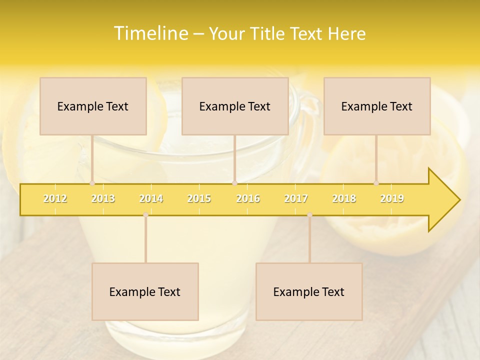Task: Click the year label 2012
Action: click(55, 198)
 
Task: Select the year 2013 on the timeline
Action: click(103, 198)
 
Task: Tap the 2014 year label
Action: click(151, 198)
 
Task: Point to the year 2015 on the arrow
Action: click(199, 198)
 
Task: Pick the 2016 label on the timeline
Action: click(248, 198)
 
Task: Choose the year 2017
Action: click(296, 198)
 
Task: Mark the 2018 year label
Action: click(344, 198)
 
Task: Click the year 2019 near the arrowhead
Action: click(392, 198)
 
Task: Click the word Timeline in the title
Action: click(150, 33)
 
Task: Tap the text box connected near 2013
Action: click(93, 106)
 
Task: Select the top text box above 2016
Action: click(235, 106)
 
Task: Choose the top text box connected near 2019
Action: click(377, 106)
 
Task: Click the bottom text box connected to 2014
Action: click(145, 291)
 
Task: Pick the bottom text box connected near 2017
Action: click(309, 291)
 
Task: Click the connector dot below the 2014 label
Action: click(145, 214)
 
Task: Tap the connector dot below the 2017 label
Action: click(309, 214)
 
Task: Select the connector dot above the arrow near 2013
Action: click(92, 183)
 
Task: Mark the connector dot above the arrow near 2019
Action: click(376, 183)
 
